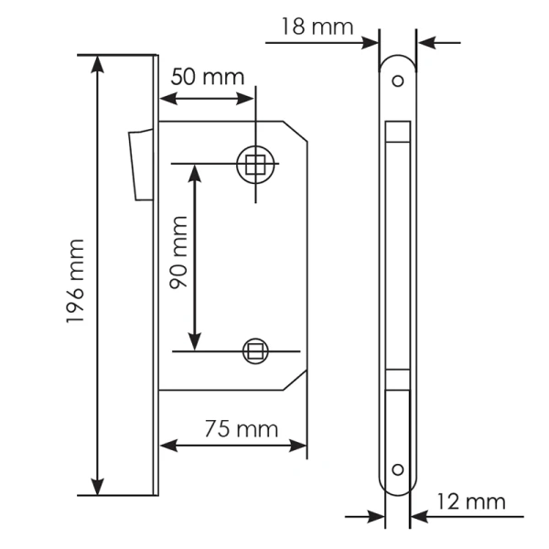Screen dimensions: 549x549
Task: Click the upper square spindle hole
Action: point(254,165)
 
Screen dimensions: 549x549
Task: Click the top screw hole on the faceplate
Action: point(397,81)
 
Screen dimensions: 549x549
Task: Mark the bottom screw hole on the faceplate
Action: point(397,469)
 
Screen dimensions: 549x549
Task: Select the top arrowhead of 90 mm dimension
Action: point(194,172)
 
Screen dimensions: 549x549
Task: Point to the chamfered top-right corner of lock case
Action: point(297,131)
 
